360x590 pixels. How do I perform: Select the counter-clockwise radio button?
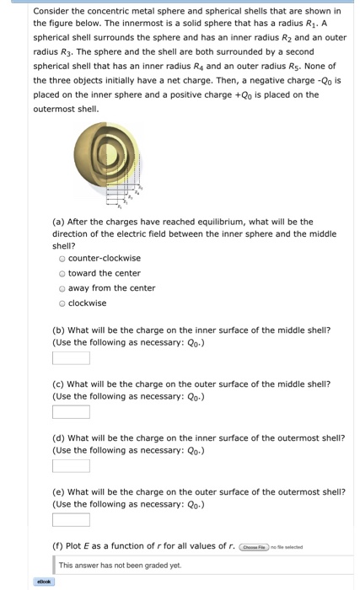pos(62,258)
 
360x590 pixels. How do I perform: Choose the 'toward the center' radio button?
pos(62,273)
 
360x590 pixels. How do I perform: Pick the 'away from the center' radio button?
pos(62,288)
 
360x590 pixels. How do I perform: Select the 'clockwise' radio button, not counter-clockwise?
pos(62,303)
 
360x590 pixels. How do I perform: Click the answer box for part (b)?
pos(71,357)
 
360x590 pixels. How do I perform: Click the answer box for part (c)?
pos(71,412)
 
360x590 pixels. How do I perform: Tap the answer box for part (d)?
pos(71,466)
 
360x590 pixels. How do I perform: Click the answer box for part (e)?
pos(71,520)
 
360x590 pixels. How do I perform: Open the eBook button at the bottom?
pos(44,582)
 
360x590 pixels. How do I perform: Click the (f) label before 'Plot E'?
pos(57,547)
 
